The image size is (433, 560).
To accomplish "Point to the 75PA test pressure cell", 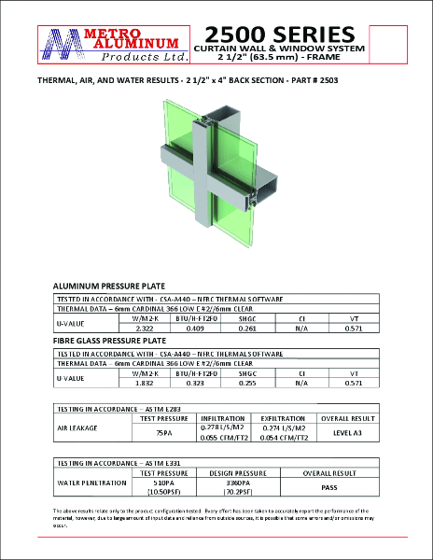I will pyautogui.click(x=164, y=432).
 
